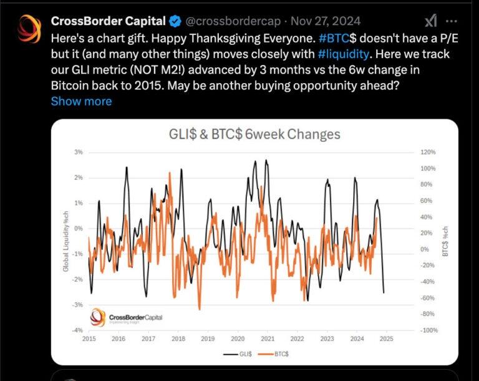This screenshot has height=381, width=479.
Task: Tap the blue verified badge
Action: [173, 21]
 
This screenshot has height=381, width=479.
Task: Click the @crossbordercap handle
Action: [231, 21]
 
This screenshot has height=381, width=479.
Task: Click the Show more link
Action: [81, 101]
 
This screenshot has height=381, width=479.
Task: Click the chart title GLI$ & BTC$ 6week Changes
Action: [254, 134]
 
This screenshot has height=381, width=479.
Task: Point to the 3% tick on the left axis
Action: [79, 152]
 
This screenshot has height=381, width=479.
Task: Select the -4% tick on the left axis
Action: [77, 330]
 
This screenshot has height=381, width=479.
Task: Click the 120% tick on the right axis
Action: [428, 152]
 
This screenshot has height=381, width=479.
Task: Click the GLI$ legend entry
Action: [241, 354]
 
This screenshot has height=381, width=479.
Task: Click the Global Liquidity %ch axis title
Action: [65, 240]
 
